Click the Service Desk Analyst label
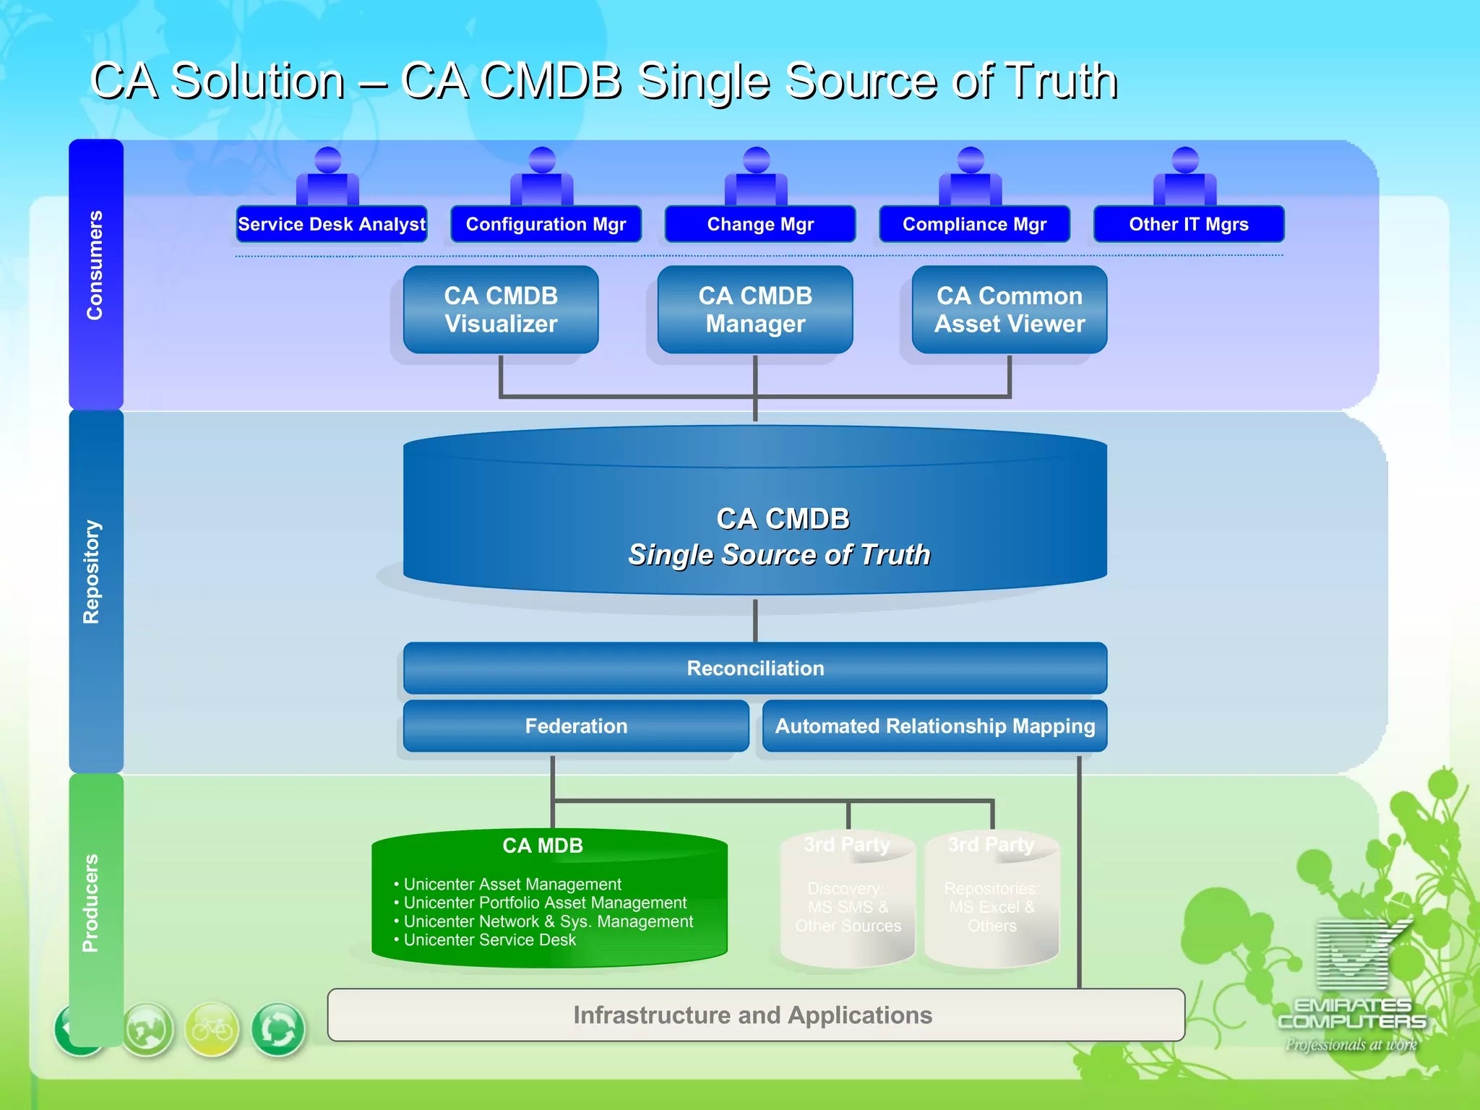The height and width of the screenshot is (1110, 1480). [332, 224]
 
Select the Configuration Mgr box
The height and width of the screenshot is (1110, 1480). [546, 224]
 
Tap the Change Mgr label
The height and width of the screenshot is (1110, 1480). [760, 224]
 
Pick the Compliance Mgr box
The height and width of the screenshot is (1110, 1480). [974, 224]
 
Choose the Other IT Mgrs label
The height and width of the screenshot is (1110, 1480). [1188, 224]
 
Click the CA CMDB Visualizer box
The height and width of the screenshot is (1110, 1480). [501, 310]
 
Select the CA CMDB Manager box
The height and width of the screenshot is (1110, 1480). [755, 310]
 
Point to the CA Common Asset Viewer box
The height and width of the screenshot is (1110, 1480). [1009, 310]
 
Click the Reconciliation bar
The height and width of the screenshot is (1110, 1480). [755, 668]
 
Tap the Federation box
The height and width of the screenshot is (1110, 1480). [576, 726]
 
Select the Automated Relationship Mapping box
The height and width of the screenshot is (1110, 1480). [934, 726]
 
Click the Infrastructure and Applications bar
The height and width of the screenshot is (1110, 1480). [755, 1015]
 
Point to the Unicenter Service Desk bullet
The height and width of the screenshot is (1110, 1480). [489, 940]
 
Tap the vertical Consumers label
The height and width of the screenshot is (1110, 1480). [95, 265]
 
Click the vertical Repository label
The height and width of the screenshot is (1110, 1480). [92, 572]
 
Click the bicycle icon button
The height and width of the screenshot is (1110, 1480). [212, 1028]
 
